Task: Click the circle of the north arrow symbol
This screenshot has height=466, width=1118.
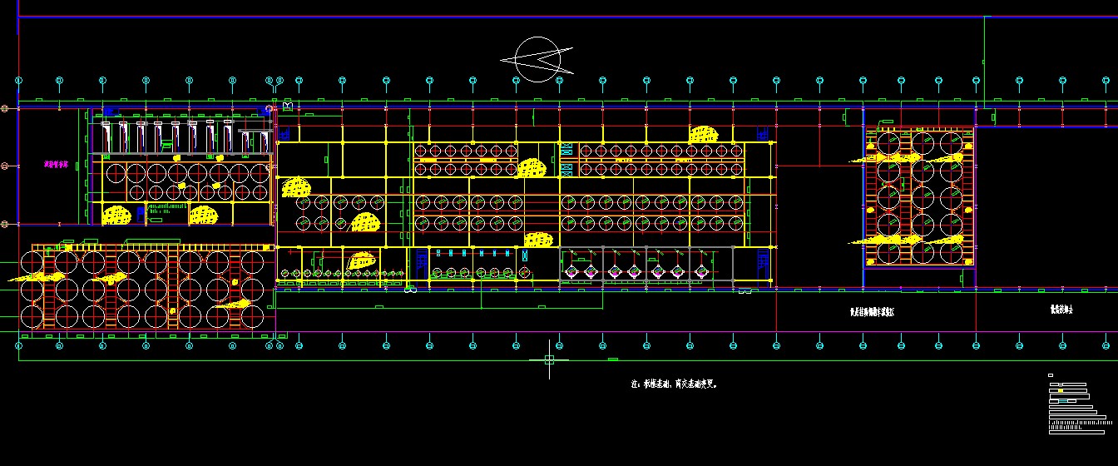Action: [x=537, y=59]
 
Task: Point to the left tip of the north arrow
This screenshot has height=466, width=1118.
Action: [x=502, y=60]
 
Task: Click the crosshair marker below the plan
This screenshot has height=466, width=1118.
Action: [x=549, y=359]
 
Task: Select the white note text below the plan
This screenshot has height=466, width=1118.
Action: [x=674, y=384]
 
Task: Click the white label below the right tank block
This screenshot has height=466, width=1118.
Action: [x=871, y=311]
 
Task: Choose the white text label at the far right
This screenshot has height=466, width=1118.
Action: [x=1061, y=310]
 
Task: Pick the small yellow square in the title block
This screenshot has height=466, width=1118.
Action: [x=1061, y=389]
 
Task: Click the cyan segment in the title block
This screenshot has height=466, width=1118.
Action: [x=1064, y=401]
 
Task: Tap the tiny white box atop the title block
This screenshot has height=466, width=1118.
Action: [x=1051, y=376]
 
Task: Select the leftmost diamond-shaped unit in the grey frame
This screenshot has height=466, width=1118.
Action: [x=571, y=270]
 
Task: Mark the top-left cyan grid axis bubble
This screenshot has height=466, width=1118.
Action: [x=18, y=80]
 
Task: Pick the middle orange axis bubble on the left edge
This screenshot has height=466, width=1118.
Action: [x=5, y=166]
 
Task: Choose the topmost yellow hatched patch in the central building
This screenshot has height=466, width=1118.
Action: [x=704, y=134]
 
